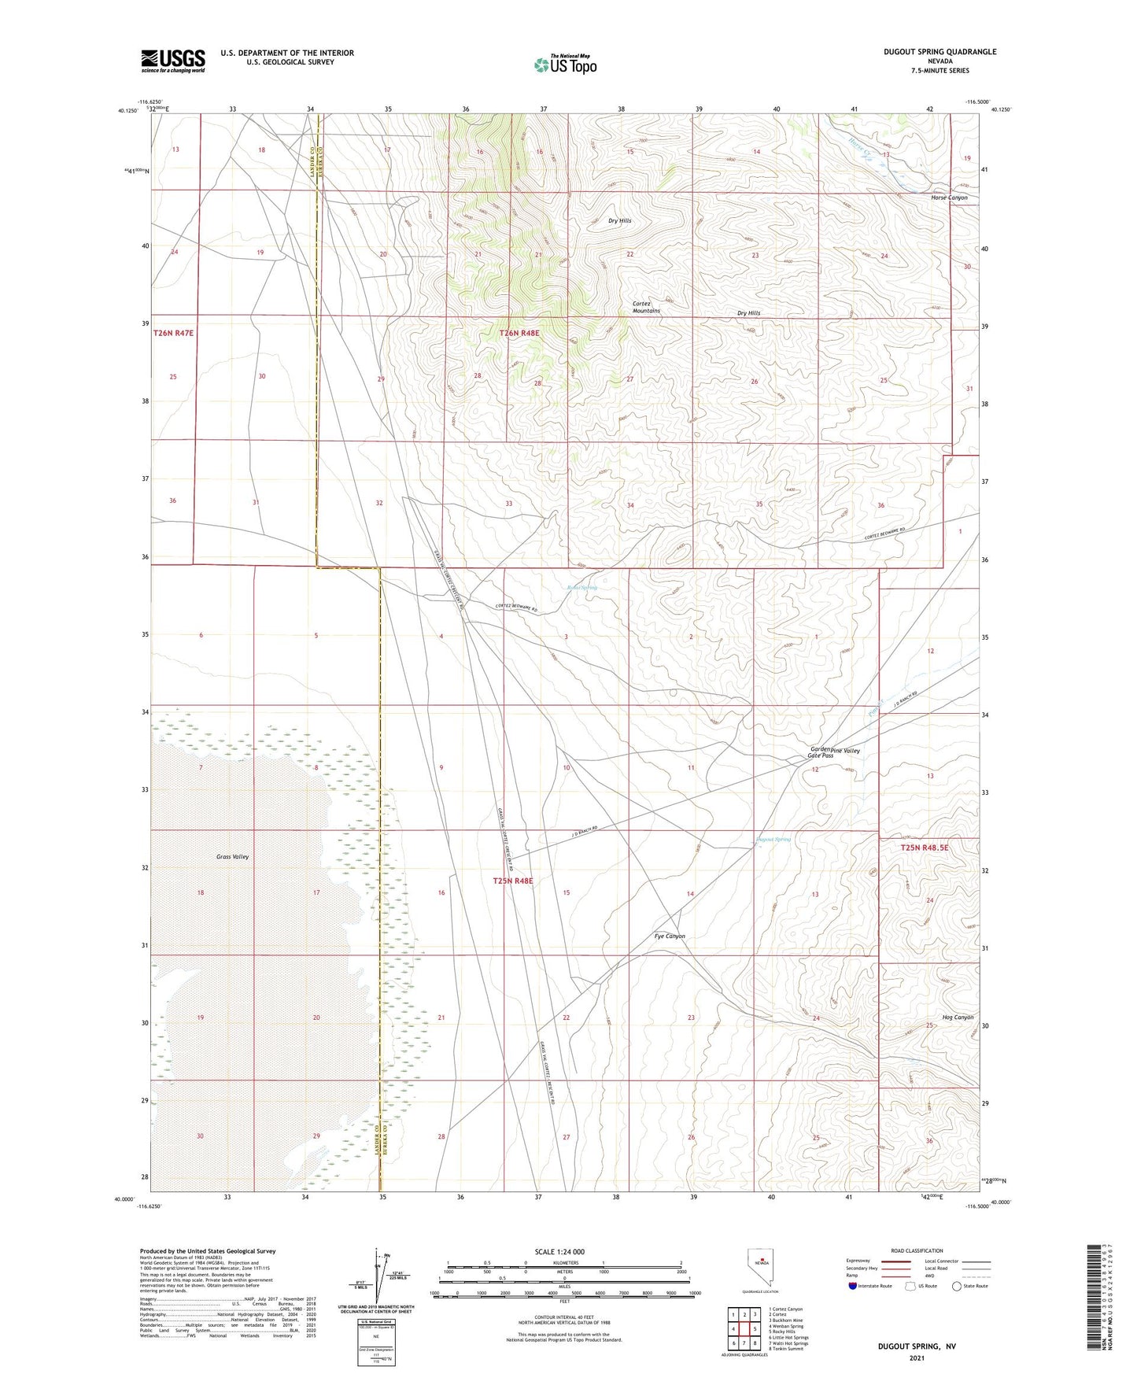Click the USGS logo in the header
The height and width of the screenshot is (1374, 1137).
pos(173,61)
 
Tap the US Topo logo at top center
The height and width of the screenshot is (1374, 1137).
pos(565,65)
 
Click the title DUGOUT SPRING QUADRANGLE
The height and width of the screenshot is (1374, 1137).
pos(940,52)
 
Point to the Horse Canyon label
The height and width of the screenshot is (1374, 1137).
pos(949,198)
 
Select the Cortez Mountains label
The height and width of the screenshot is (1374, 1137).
pos(646,307)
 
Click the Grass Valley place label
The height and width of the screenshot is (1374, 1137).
pos(233,856)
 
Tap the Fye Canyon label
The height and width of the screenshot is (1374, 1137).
pos(670,936)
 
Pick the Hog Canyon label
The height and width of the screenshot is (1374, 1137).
pos(958,1018)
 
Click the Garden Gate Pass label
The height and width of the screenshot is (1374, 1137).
pos(820,752)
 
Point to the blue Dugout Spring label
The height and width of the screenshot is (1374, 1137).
pos(773,839)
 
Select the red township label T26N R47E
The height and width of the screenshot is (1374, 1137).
pos(173,334)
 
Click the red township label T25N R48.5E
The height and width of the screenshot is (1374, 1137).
pos(925,848)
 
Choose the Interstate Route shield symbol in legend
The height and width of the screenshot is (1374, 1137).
pos(853,1286)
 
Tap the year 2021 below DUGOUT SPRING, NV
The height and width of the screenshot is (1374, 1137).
pos(916,1357)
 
